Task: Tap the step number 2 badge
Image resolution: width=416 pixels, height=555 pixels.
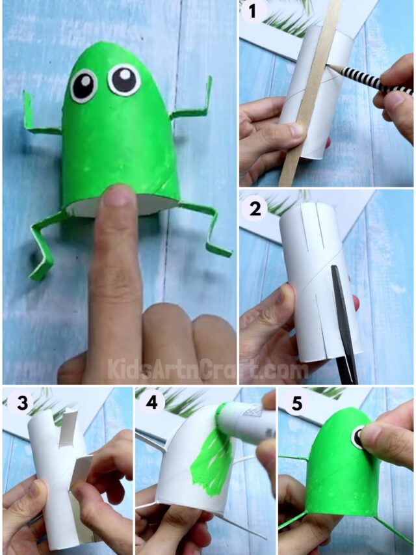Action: [x=254, y=208]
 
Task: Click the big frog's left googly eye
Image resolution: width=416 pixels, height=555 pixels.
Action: [x=84, y=85]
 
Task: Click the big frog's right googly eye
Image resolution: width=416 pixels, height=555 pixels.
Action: [x=123, y=79]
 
